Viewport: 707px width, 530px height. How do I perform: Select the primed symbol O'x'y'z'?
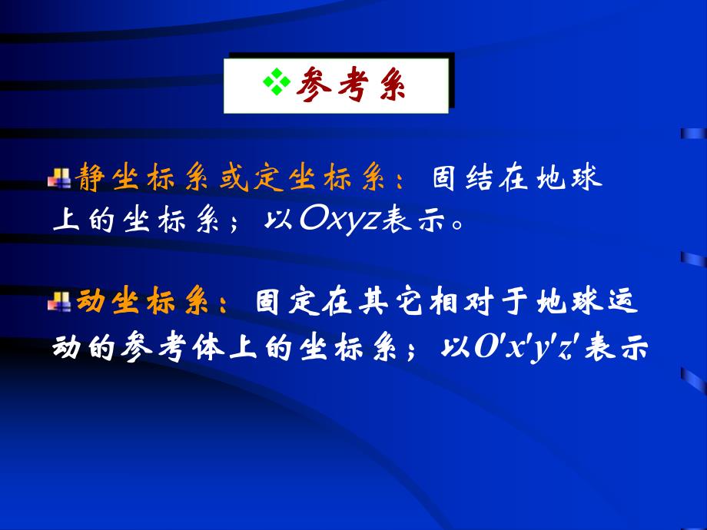pyautogui.click(x=531, y=347)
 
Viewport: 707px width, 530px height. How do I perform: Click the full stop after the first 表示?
pyautogui.click(x=457, y=224)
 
